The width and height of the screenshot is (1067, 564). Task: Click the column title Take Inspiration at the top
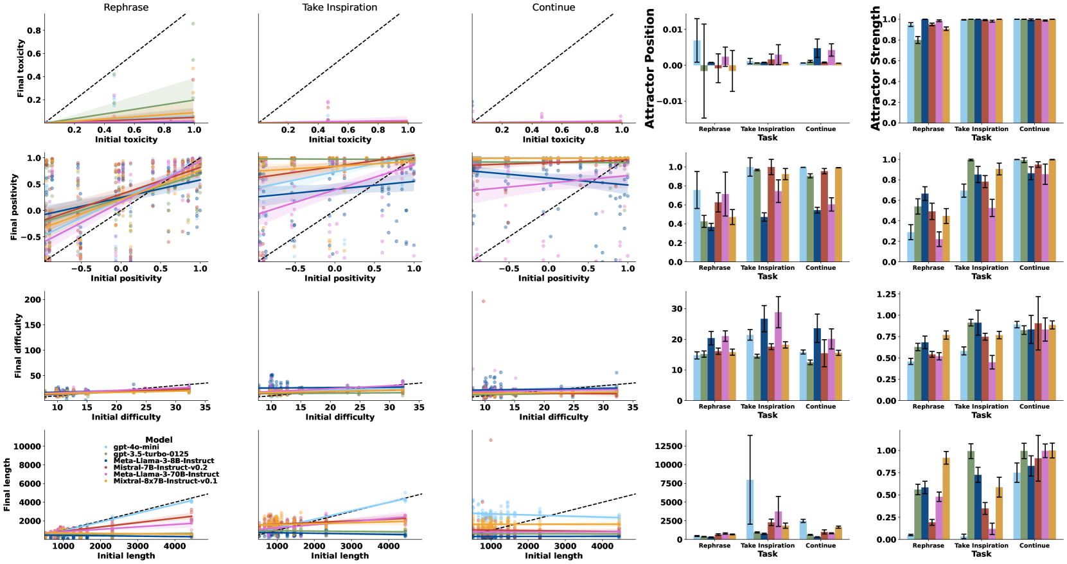pyautogui.click(x=340, y=7)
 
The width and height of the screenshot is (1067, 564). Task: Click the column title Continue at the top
pyautogui.click(x=553, y=7)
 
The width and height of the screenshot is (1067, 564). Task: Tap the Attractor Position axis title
pyautogui.click(x=649, y=68)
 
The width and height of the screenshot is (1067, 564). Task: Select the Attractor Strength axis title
pyautogui.click(x=875, y=68)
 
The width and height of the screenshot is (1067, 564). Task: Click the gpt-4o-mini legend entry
pyautogui.click(x=136, y=447)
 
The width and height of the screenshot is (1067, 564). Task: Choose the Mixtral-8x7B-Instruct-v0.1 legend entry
pyautogui.click(x=165, y=481)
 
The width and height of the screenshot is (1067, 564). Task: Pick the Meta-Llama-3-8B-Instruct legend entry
pyautogui.click(x=163, y=461)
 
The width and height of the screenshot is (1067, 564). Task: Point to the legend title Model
pyautogui.click(x=159, y=440)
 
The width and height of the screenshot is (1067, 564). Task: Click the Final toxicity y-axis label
pyautogui.click(x=21, y=68)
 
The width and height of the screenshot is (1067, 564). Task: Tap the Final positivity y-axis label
pyautogui.click(x=14, y=207)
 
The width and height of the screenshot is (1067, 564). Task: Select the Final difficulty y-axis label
pyautogui.click(x=18, y=346)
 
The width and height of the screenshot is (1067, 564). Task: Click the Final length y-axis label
pyautogui.click(x=7, y=484)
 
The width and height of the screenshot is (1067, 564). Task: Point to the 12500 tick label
pyautogui.click(x=668, y=446)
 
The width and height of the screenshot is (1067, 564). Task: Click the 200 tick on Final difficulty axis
pyautogui.click(x=33, y=299)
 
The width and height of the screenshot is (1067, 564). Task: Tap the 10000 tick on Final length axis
pyautogui.click(x=28, y=446)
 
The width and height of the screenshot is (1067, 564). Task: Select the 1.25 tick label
pyautogui.click(x=886, y=294)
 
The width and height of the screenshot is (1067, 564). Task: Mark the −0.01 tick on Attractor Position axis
pyautogui.click(x=672, y=101)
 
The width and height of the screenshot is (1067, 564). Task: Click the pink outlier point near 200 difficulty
pyautogui.click(x=483, y=301)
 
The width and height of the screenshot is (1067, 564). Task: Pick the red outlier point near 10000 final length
pyautogui.click(x=491, y=440)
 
